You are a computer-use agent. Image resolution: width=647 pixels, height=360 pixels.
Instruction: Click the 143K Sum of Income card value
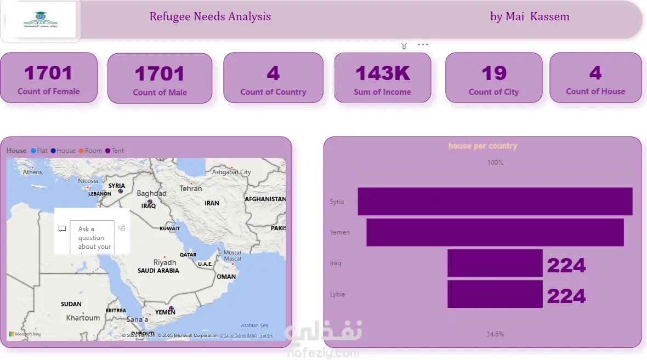click(x=382, y=73)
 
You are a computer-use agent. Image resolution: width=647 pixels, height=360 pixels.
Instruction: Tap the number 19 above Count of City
click(x=493, y=73)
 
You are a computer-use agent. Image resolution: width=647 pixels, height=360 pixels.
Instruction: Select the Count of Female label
click(x=49, y=92)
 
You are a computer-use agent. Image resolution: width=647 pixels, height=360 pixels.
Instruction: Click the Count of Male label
click(x=160, y=93)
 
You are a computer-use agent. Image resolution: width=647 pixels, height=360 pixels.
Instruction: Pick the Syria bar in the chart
click(x=495, y=202)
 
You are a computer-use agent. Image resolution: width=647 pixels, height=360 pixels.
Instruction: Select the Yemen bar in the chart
click(x=495, y=232)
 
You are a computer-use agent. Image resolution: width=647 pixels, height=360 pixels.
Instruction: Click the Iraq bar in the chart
click(x=495, y=264)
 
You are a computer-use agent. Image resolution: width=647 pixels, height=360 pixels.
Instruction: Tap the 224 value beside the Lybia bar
click(x=566, y=296)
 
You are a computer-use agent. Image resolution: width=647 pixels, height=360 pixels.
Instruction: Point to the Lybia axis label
click(x=337, y=294)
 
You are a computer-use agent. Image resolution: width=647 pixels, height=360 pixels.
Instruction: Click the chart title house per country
click(x=483, y=146)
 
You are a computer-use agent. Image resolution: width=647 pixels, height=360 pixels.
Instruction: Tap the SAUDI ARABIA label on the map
click(x=158, y=271)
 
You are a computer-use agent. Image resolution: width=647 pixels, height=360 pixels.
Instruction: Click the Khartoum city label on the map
click(x=83, y=318)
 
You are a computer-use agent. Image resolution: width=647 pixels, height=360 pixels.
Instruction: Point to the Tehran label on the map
click(x=191, y=188)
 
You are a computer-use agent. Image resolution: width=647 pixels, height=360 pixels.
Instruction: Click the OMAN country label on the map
click(x=226, y=277)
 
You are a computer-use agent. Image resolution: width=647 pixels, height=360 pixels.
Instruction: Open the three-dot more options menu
click(x=423, y=45)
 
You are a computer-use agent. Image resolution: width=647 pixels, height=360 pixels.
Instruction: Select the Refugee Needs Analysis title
click(x=210, y=16)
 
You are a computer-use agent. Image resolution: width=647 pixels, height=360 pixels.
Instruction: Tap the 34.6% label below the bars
click(x=495, y=334)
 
